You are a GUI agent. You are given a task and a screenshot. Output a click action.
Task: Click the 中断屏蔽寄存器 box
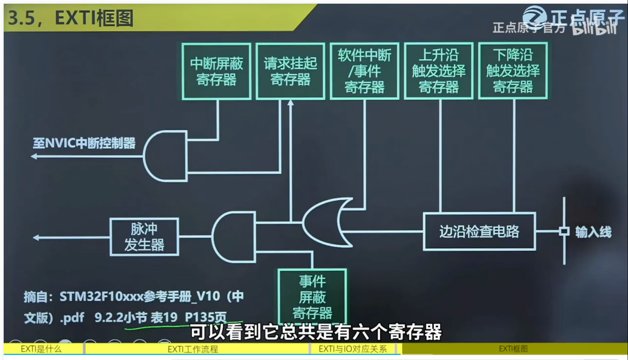(x=216, y=71)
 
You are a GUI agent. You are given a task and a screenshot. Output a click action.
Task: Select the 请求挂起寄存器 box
(x=290, y=71)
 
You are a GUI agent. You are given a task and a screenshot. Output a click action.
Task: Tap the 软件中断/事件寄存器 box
(x=364, y=71)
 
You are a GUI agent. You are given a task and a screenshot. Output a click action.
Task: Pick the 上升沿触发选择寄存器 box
(x=438, y=71)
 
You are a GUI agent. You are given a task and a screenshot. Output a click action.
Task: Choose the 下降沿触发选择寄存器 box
(x=513, y=71)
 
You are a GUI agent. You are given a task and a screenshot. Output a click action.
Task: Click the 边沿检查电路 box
(x=479, y=232)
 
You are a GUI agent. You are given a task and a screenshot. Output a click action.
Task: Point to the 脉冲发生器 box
(x=144, y=237)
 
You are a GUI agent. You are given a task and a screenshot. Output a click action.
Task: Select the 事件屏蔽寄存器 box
(x=312, y=297)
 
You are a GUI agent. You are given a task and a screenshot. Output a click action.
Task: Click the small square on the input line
(x=564, y=231)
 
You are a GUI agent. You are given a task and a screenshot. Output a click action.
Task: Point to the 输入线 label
(x=593, y=232)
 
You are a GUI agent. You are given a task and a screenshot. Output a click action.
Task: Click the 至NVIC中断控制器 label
(x=84, y=143)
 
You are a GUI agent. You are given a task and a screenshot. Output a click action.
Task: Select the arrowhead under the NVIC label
(x=34, y=157)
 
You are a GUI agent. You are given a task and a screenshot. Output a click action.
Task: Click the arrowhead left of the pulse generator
(x=36, y=238)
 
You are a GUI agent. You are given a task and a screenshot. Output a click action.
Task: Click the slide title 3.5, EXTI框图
(x=71, y=18)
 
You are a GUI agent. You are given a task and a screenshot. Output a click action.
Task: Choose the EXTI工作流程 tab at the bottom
(x=193, y=349)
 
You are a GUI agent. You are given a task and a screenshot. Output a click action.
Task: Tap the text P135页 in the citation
(x=206, y=317)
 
